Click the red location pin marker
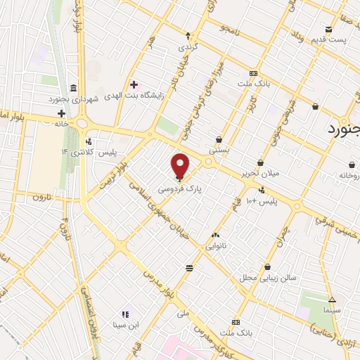(x=181, y=165)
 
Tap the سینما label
(x=331, y=309)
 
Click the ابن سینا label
(x=124, y=326)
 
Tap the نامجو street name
(x=231, y=30)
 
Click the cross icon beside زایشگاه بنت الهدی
(x=134, y=84)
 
